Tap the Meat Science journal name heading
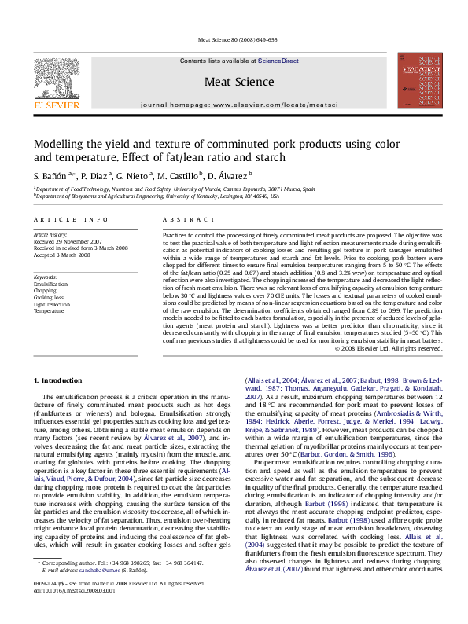click(239, 82)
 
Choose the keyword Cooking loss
click(49, 298)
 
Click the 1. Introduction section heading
click(60, 380)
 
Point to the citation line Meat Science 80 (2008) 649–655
click(237, 39)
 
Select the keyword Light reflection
click(52, 304)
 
